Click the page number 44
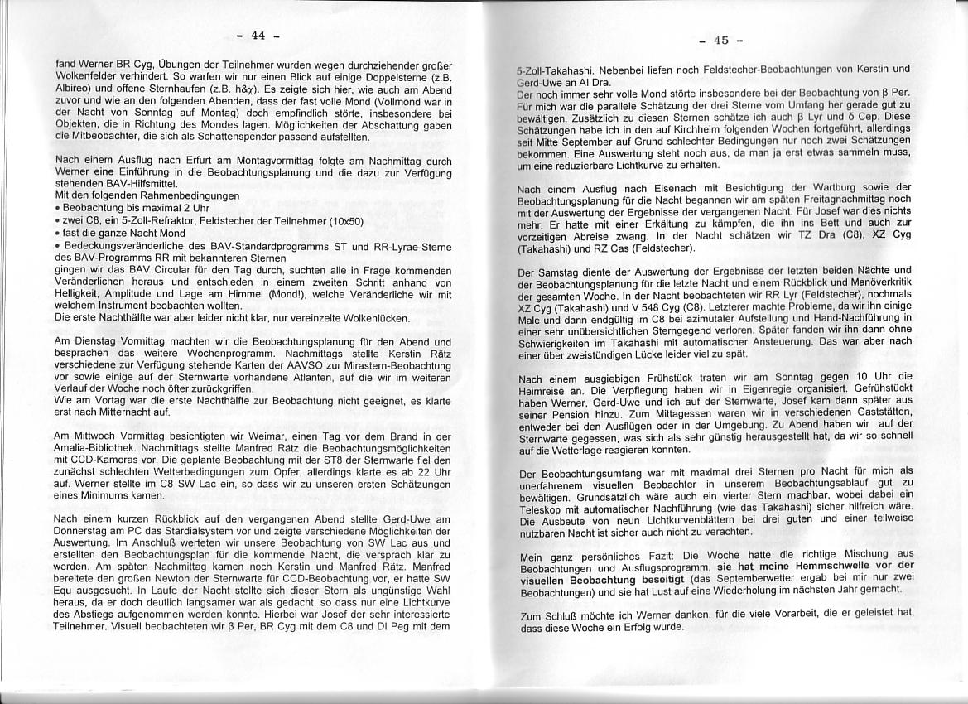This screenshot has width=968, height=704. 258,35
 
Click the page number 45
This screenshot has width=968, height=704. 720,40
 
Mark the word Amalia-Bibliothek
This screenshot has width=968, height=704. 93,448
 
